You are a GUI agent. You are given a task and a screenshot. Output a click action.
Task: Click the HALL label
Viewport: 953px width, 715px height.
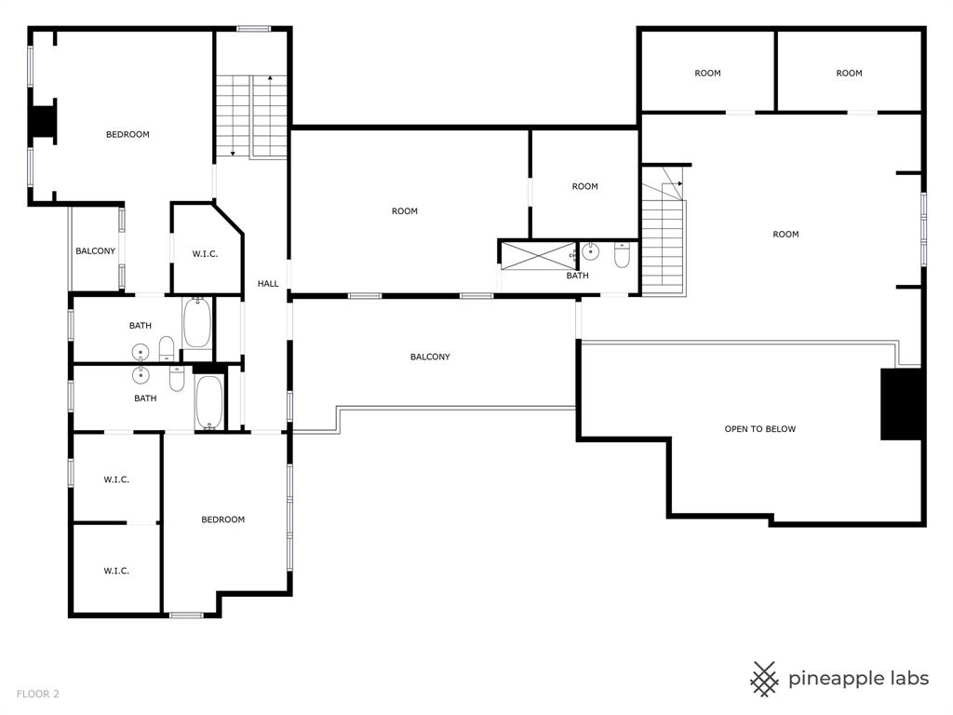268,284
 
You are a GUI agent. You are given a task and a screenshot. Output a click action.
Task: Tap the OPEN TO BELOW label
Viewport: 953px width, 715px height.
759,429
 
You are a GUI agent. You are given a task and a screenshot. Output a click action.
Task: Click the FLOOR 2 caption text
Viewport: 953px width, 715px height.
36,694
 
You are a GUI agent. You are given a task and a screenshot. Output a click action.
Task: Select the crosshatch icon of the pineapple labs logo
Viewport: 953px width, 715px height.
765,679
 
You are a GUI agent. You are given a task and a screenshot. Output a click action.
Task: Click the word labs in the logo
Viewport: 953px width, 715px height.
903,679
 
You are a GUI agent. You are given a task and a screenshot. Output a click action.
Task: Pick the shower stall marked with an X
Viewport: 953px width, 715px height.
537,255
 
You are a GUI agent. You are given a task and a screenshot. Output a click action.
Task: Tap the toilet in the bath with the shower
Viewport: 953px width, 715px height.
622,254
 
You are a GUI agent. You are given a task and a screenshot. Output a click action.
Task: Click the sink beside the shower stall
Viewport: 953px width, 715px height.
590,252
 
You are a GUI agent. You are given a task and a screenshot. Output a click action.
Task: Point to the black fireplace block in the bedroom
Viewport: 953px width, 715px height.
43,122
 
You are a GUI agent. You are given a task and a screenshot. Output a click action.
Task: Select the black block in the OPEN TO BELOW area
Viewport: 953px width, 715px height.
900,404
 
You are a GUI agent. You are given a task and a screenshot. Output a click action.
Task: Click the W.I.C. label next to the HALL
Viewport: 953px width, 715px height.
205,254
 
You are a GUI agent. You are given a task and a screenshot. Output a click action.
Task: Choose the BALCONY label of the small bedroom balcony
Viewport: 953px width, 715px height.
96,251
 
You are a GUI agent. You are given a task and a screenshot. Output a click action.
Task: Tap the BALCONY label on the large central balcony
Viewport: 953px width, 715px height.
430,357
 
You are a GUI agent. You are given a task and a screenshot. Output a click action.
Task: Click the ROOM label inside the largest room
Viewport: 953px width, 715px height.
785,235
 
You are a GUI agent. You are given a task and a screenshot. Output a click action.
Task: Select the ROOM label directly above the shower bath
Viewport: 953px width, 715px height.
584,186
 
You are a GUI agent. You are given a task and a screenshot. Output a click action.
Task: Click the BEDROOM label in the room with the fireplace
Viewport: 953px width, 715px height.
128,135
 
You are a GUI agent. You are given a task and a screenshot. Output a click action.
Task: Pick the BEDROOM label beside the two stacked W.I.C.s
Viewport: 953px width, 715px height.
223,519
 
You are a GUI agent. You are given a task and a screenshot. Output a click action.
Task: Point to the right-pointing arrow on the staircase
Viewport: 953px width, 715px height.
679,184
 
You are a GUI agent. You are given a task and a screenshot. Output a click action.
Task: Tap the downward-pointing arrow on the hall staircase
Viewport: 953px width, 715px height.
232,152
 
